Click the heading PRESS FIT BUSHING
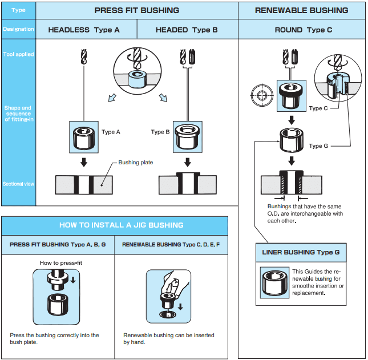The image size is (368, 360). (x=136, y=10)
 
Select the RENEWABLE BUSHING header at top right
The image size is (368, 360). (x=301, y=10)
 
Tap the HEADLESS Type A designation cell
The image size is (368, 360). (x=84, y=30)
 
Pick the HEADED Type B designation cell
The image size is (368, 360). (x=187, y=30)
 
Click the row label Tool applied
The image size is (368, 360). (x=18, y=54)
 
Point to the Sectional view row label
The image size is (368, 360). (x=18, y=184)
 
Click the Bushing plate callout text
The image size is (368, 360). (x=136, y=163)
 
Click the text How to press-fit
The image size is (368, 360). (x=61, y=263)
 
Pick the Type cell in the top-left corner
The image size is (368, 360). (x=18, y=10)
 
